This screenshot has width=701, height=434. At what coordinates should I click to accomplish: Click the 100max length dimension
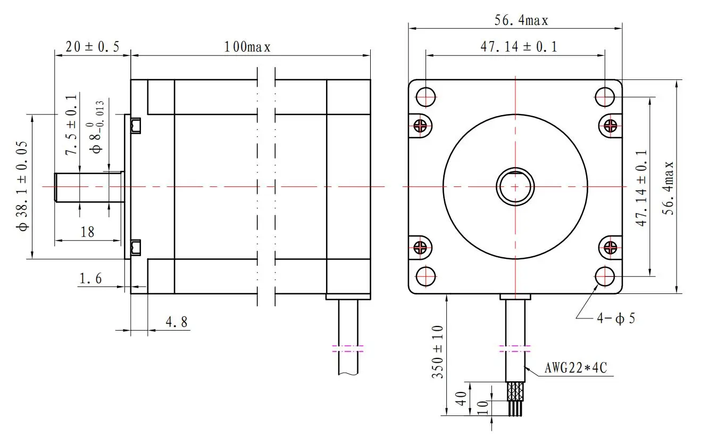(247, 47)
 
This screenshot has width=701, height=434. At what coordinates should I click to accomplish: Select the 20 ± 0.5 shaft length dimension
(93, 47)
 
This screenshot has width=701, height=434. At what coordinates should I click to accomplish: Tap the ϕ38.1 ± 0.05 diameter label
(22, 186)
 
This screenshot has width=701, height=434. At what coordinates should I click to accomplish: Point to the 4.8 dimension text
(177, 322)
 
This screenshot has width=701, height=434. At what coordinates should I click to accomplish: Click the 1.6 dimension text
(90, 279)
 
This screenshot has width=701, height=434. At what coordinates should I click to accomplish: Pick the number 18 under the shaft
(87, 232)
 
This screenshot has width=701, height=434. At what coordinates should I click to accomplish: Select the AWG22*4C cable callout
(576, 368)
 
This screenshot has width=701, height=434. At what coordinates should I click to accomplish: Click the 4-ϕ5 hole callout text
(616, 318)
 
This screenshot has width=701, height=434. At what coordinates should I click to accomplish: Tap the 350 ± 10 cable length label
(438, 352)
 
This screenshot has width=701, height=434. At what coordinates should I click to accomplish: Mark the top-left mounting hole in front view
(425, 97)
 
